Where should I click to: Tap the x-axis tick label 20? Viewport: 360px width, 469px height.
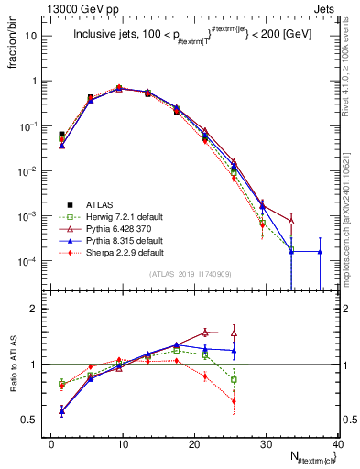[194, 444]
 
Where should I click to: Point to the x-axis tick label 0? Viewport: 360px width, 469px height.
[51, 444]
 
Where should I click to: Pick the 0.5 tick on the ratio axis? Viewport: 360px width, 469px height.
[30, 420]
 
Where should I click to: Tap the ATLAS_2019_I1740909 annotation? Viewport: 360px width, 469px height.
[193, 274]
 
